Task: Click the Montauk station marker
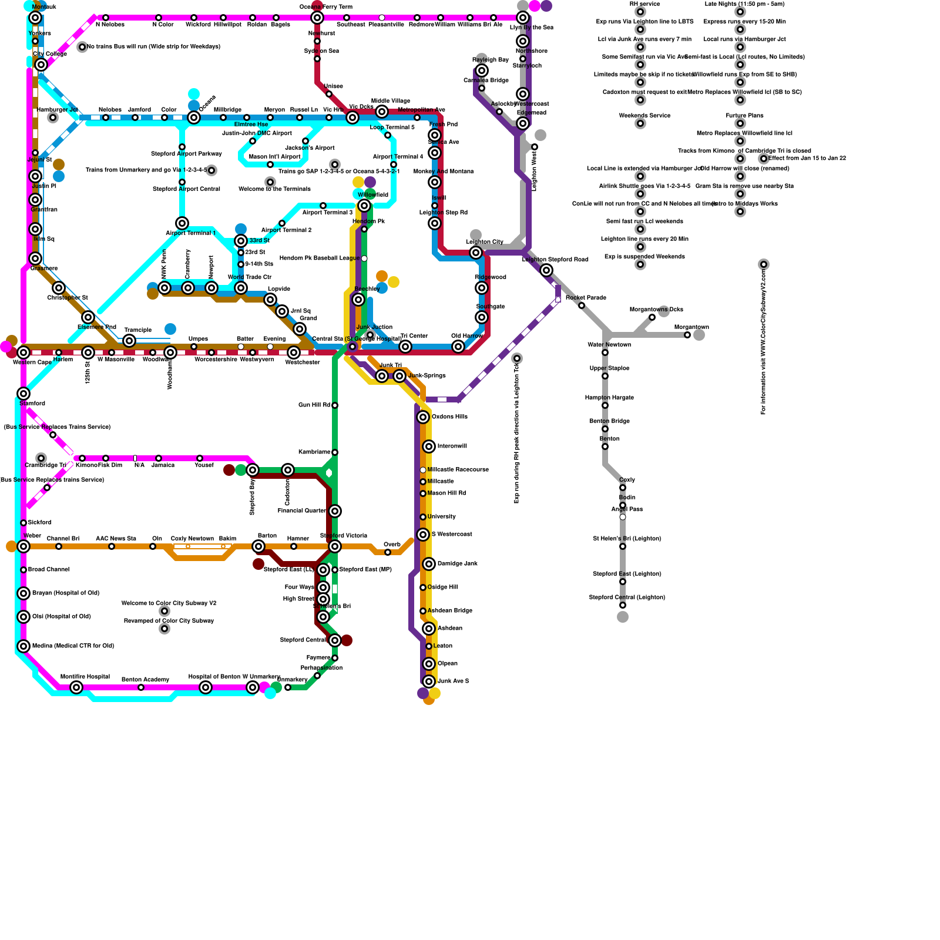(x=35, y=18)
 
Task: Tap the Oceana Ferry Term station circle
(x=317, y=18)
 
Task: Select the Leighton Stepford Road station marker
(x=546, y=270)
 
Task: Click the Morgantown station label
(x=691, y=327)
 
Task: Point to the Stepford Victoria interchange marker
(x=335, y=546)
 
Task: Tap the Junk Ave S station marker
(x=429, y=681)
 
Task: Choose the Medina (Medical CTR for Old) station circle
(x=23, y=646)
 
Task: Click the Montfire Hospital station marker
(x=76, y=687)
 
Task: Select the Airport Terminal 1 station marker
(x=182, y=223)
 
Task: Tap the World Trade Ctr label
(x=250, y=277)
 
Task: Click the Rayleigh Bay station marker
(x=482, y=70)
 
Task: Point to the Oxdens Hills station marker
(x=423, y=417)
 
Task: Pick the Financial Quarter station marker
(x=335, y=511)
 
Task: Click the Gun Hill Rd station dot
(x=335, y=405)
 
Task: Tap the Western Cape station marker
(x=23, y=352)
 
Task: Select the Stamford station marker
(x=23, y=394)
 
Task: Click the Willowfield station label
(x=372, y=194)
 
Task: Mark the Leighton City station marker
(x=476, y=253)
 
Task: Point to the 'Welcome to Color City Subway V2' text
(x=169, y=603)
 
